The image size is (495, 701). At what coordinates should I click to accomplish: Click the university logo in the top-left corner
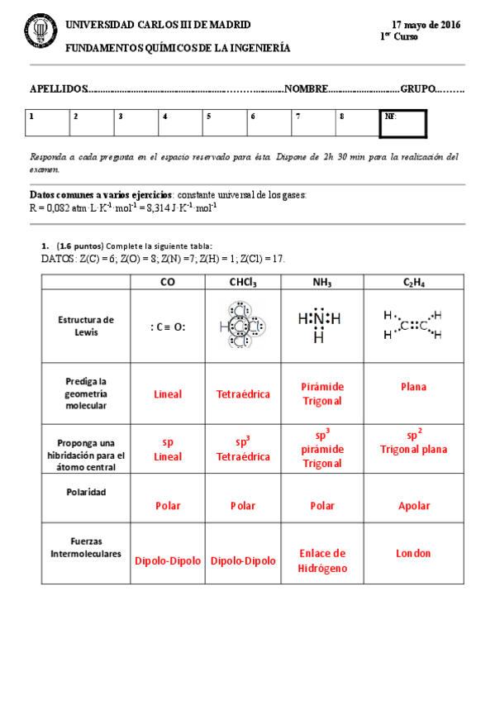tap(38, 32)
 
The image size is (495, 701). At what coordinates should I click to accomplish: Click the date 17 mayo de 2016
tap(426, 26)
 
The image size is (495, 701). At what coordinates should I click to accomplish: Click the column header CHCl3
tap(243, 283)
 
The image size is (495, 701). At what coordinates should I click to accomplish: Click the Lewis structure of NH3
tap(318, 325)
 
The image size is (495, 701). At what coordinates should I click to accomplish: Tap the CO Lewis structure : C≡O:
tap(168, 327)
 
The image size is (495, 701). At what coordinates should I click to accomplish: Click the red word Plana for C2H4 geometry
tap(413, 386)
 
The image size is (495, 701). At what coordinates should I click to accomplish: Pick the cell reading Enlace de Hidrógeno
tap(322, 560)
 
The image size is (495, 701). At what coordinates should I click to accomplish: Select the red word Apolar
tap(413, 505)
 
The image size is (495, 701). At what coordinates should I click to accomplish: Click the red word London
tap(413, 553)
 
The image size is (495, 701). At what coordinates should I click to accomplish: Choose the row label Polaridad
tap(86, 492)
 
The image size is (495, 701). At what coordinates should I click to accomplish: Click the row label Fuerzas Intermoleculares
tap(86, 547)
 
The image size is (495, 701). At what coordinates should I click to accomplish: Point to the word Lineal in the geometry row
tap(168, 394)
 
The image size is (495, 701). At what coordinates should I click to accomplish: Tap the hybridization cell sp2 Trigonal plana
tap(413, 442)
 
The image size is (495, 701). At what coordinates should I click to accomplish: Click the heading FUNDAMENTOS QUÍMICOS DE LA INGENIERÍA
tap(178, 48)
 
